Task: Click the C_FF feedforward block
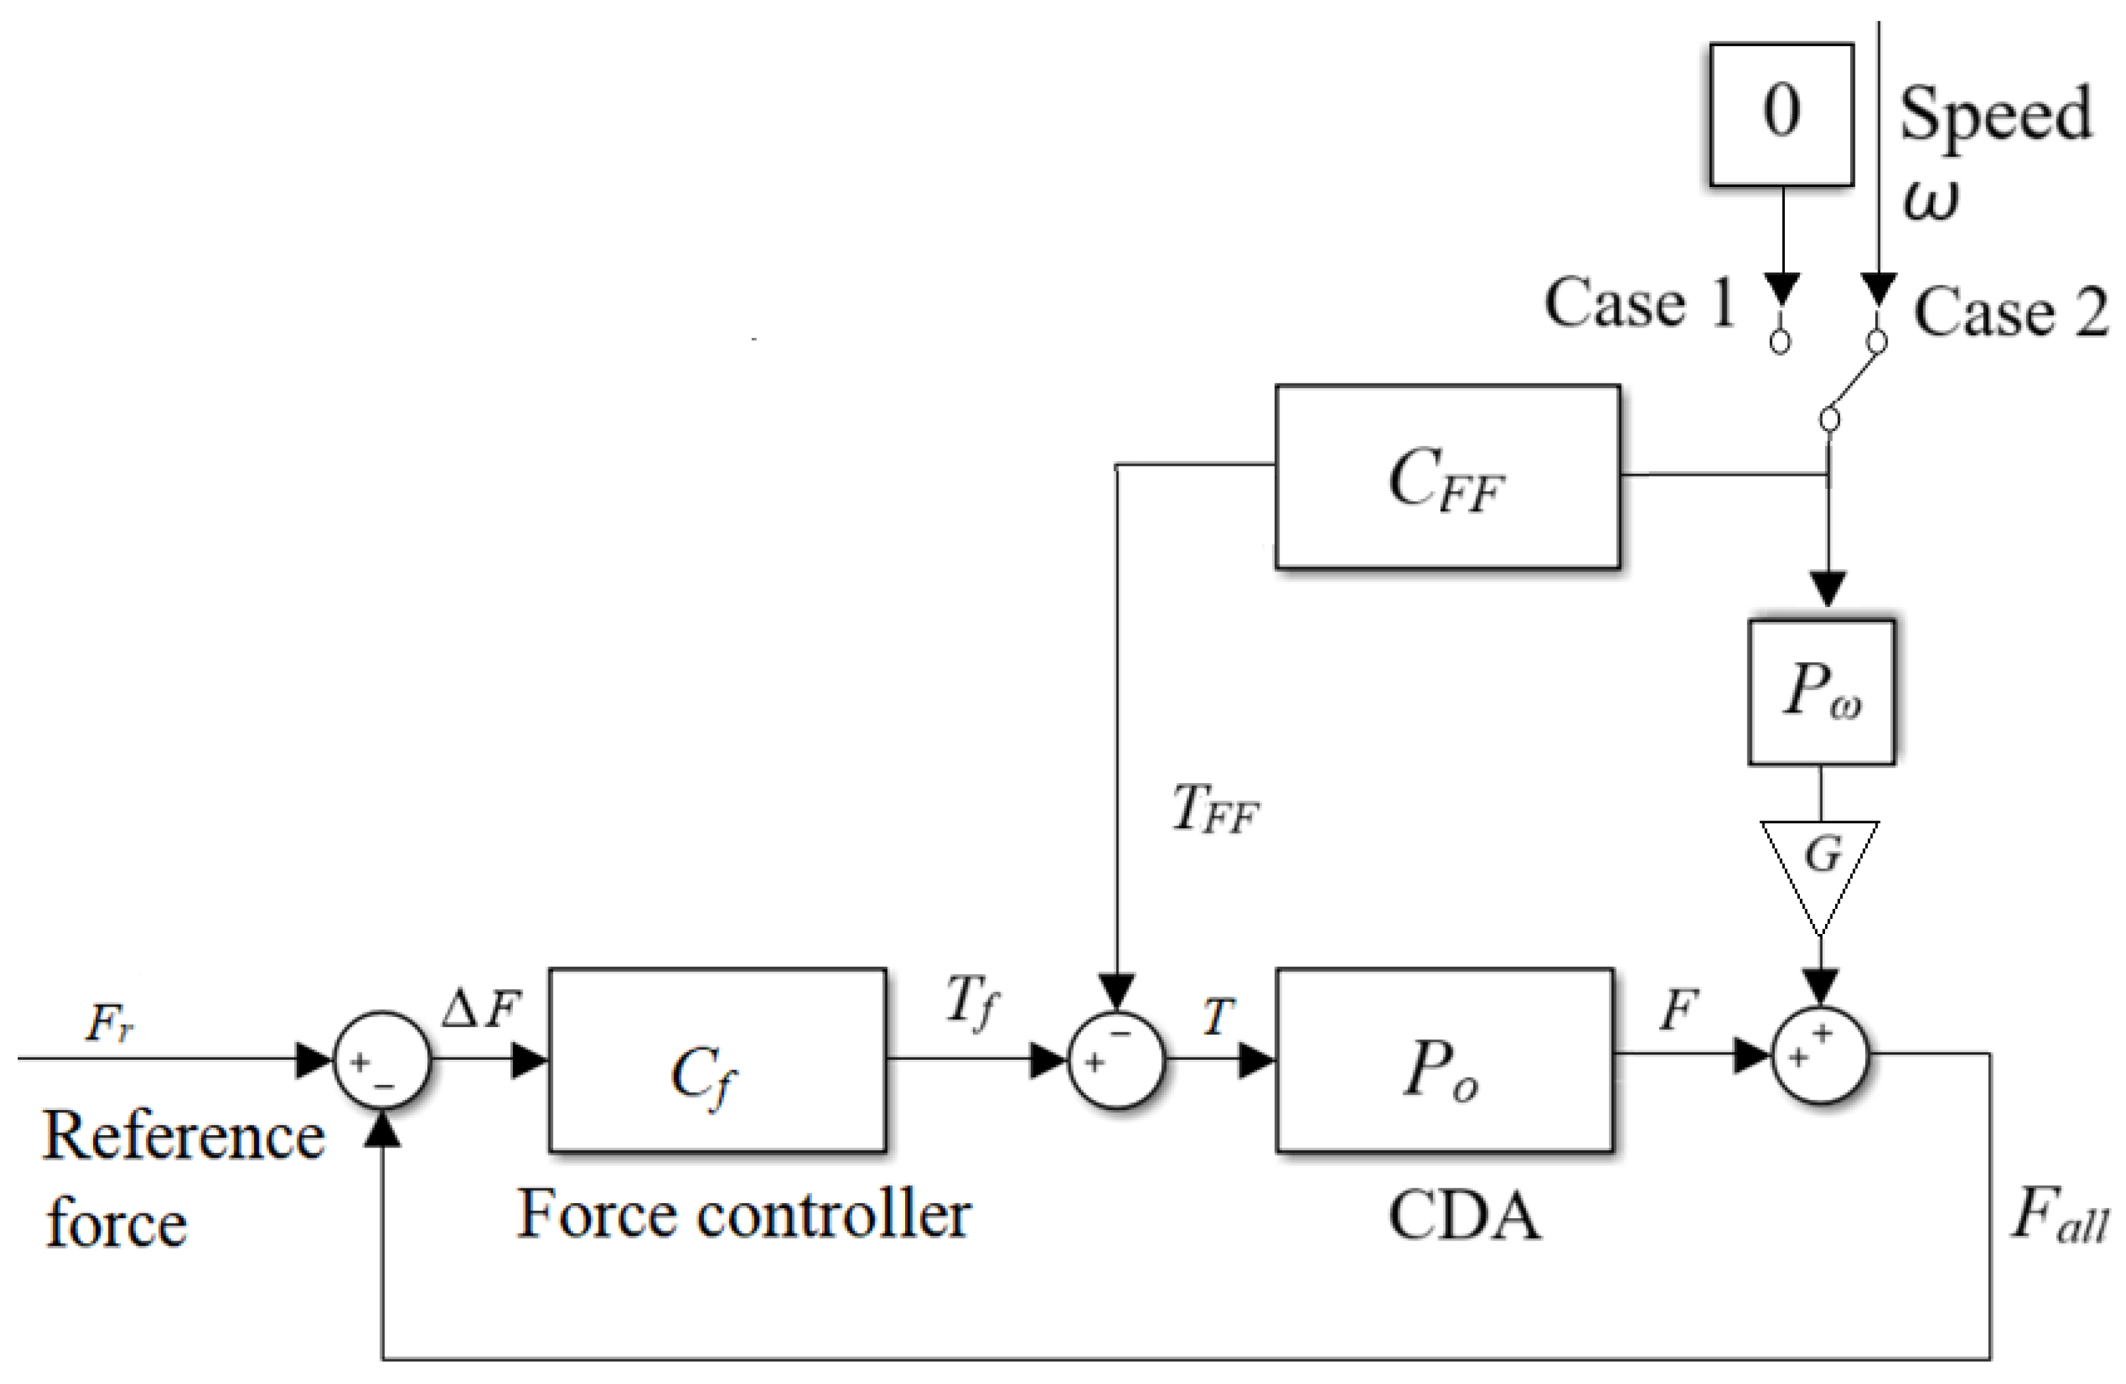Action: coord(1447,477)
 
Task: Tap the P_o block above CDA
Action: coord(1445,1060)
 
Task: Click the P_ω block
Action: coord(1820,693)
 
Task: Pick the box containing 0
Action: coord(1782,114)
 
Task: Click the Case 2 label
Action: coord(2010,313)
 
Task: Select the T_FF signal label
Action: coord(1215,810)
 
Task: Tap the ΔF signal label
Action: coord(480,1011)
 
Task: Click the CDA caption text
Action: coord(1465,1217)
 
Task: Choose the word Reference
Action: coord(183,1137)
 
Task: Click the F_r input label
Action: coord(109,1024)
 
